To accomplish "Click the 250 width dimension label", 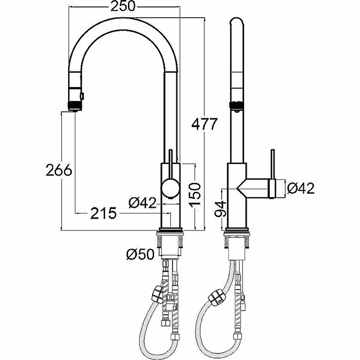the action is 123,6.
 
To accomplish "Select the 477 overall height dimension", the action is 204,124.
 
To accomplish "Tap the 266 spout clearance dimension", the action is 59,170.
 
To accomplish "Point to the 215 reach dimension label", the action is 103,213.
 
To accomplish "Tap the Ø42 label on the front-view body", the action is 142,203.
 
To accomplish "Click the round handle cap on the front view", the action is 170,188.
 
